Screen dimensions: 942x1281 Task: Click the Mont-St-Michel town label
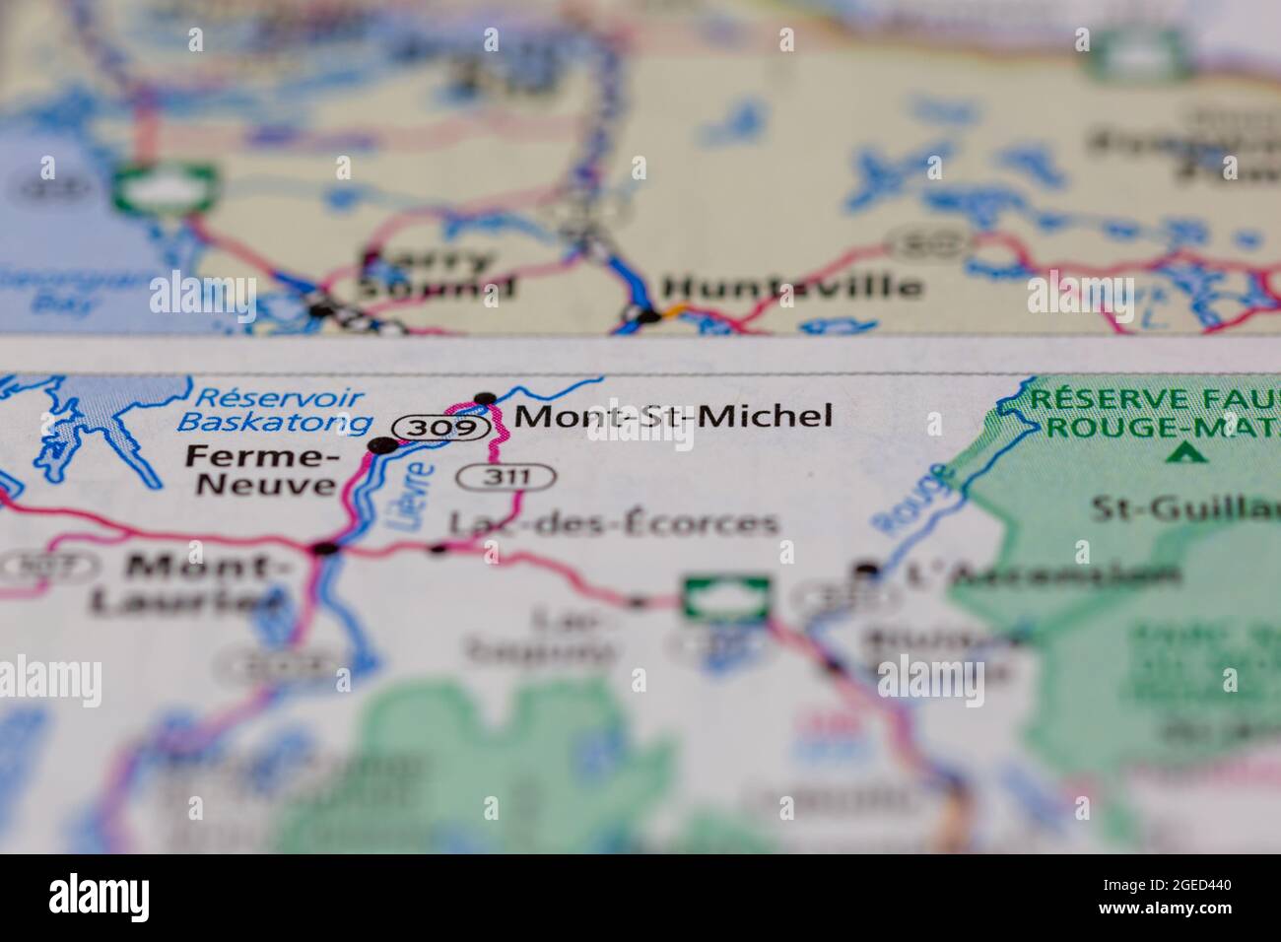pyautogui.click(x=673, y=417)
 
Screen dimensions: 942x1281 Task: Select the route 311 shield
pyautogui.click(x=506, y=478)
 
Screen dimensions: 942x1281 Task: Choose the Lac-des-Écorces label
pyautogui.click(x=613, y=524)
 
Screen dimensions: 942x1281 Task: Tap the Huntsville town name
pyautogui.click(x=791, y=288)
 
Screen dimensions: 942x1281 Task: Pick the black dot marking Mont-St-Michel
pyautogui.click(x=485, y=398)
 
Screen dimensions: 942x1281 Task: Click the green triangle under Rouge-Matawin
pyautogui.click(x=1187, y=454)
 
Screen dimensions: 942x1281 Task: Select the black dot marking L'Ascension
pyautogui.click(x=866, y=569)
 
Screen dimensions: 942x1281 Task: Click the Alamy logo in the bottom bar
pyautogui.click(x=99, y=898)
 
